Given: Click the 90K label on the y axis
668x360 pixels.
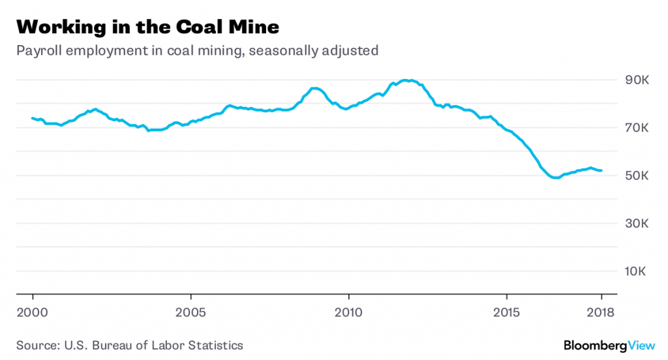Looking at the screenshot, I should pyautogui.click(x=637, y=80).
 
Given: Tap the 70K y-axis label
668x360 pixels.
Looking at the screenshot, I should pyautogui.click(x=637, y=128).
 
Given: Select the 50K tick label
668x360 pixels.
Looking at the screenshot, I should pyautogui.click(x=637, y=176).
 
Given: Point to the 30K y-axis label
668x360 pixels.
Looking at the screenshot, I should pyautogui.click(x=637, y=224).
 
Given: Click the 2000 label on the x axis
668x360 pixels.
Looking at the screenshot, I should pyautogui.click(x=33, y=312).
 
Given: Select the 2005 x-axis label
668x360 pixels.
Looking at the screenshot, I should pyautogui.click(x=190, y=312).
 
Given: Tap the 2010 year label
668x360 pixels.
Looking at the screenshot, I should pyautogui.click(x=348, y=312).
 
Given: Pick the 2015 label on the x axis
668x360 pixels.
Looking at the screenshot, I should pyautogui.click(x=507, y=312).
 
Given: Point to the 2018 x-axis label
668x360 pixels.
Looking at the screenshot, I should pyautogui.click(x=601, y=312).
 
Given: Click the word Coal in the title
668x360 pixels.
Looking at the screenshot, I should pyautogui.click(x=194, y=27).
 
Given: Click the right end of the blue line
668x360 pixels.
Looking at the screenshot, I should pyautogui.click(x=601, y=170).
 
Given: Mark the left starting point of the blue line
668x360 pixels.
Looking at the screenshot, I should pyautogui.click(x=32, y=118).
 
